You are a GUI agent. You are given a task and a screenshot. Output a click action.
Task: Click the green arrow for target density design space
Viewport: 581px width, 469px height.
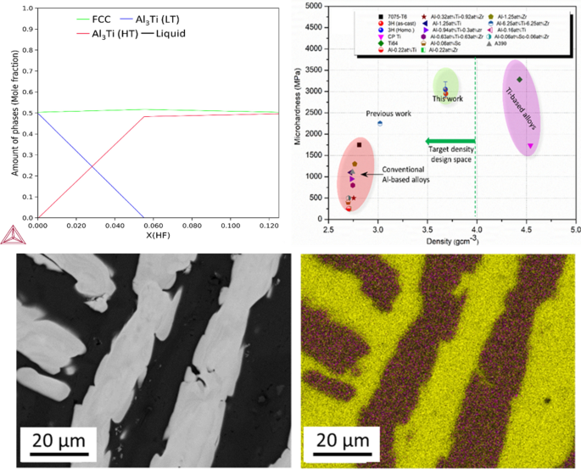(450, 142)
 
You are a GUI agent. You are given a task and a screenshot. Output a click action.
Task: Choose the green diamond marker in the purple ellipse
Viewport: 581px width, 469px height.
(519, 79)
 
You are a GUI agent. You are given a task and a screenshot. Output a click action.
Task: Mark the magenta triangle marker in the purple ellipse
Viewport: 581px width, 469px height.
(530, 146)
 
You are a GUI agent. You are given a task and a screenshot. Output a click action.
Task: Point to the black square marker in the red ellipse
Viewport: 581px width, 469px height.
(360, 145)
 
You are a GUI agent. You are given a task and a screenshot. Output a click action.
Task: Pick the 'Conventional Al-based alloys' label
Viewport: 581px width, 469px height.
(404, 175)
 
